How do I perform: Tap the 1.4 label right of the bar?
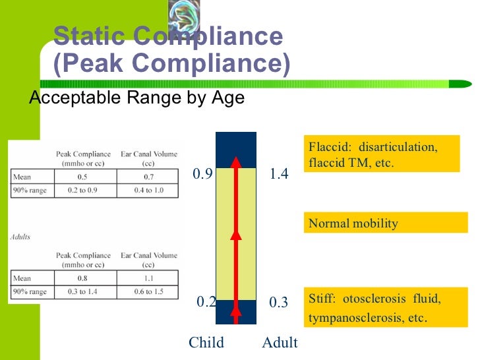coord(279,175)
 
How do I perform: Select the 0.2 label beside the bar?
coord(207,302)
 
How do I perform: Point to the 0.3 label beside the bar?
coord(279,303)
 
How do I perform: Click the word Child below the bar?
coord(206,343)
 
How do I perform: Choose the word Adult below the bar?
coord(280,343)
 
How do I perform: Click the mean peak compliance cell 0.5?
coord(82,177)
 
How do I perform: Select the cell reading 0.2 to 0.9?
coord(82,191)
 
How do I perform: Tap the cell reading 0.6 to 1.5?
coord(149,291)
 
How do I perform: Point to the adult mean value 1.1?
coord(149,278)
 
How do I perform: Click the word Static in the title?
coord(88,36)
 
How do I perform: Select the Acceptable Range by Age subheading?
coord(136,98)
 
